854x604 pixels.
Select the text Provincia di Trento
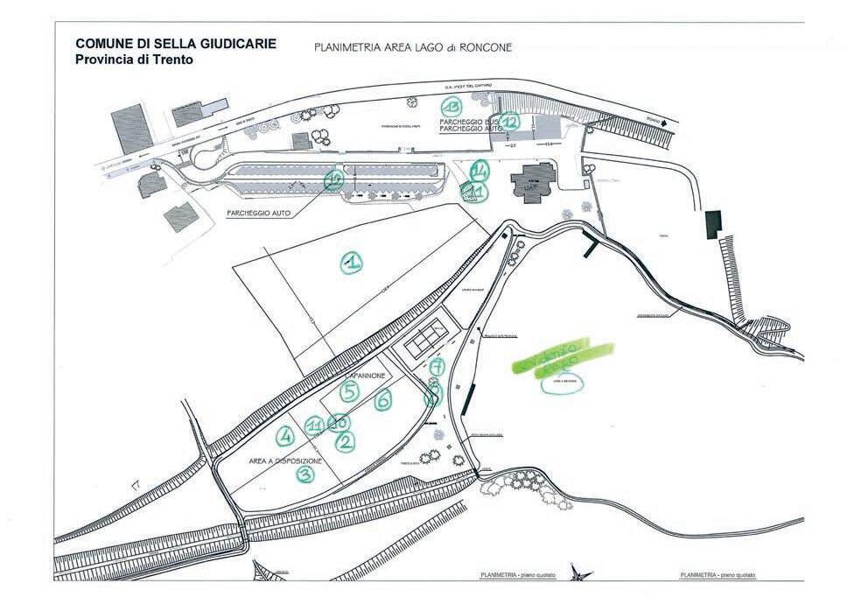tap(134, 60)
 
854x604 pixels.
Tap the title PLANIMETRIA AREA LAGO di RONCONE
tap(412, 47)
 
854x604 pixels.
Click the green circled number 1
tap(352, 262)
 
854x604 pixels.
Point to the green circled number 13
tap(452, 107)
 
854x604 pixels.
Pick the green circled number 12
tap(509, 122)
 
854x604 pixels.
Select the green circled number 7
tap(437, 366)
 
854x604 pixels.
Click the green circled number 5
tap(350, 391)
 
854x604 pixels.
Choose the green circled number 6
tap(382, 400)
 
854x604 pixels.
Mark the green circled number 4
tap(284, 434)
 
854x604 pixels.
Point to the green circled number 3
tap(304, 474)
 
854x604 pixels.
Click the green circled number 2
tap(346, 441)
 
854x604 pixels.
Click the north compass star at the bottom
tap(576, 573)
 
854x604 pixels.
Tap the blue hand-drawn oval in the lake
tap(562, 384)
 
